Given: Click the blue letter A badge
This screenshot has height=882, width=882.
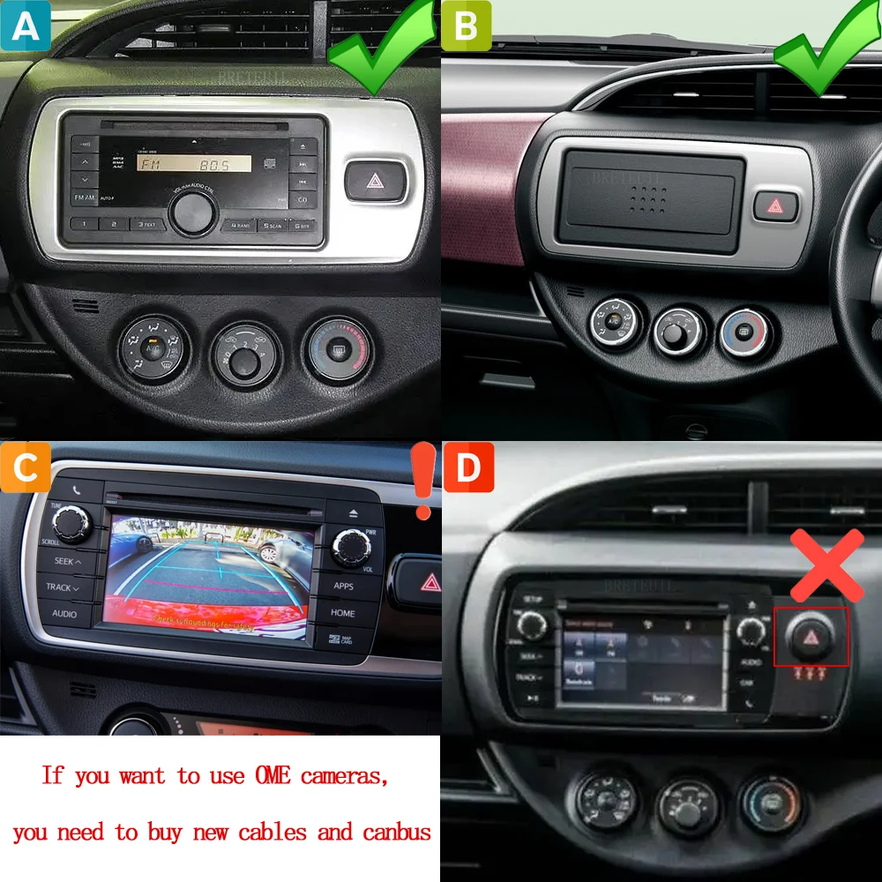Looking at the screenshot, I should coord(26,26).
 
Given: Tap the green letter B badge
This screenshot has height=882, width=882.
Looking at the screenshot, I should coord(467,26).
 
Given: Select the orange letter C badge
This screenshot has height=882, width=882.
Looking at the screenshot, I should coord(26,467).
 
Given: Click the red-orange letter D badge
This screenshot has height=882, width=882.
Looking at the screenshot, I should coord(467,467).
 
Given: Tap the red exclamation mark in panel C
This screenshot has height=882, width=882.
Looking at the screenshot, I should coord(424,482).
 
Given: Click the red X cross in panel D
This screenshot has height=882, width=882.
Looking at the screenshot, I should coord(826,565).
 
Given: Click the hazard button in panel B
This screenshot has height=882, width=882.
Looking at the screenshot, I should coord(776,206).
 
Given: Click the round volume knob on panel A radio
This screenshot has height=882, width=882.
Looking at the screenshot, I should coord(193,212).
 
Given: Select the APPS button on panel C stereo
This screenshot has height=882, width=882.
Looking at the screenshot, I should coord(344,585).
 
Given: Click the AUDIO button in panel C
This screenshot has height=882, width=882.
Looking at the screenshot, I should coord(64,614).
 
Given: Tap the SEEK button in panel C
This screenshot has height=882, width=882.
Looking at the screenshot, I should coord(66,561).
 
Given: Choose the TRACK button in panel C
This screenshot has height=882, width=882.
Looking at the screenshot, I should coord(64,587).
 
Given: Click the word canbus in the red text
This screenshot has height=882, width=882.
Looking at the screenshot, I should coord(396,832).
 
